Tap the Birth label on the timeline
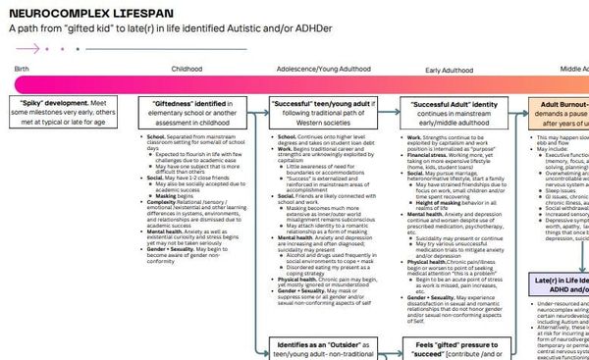21,70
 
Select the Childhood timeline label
187,70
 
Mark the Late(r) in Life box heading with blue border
560,256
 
